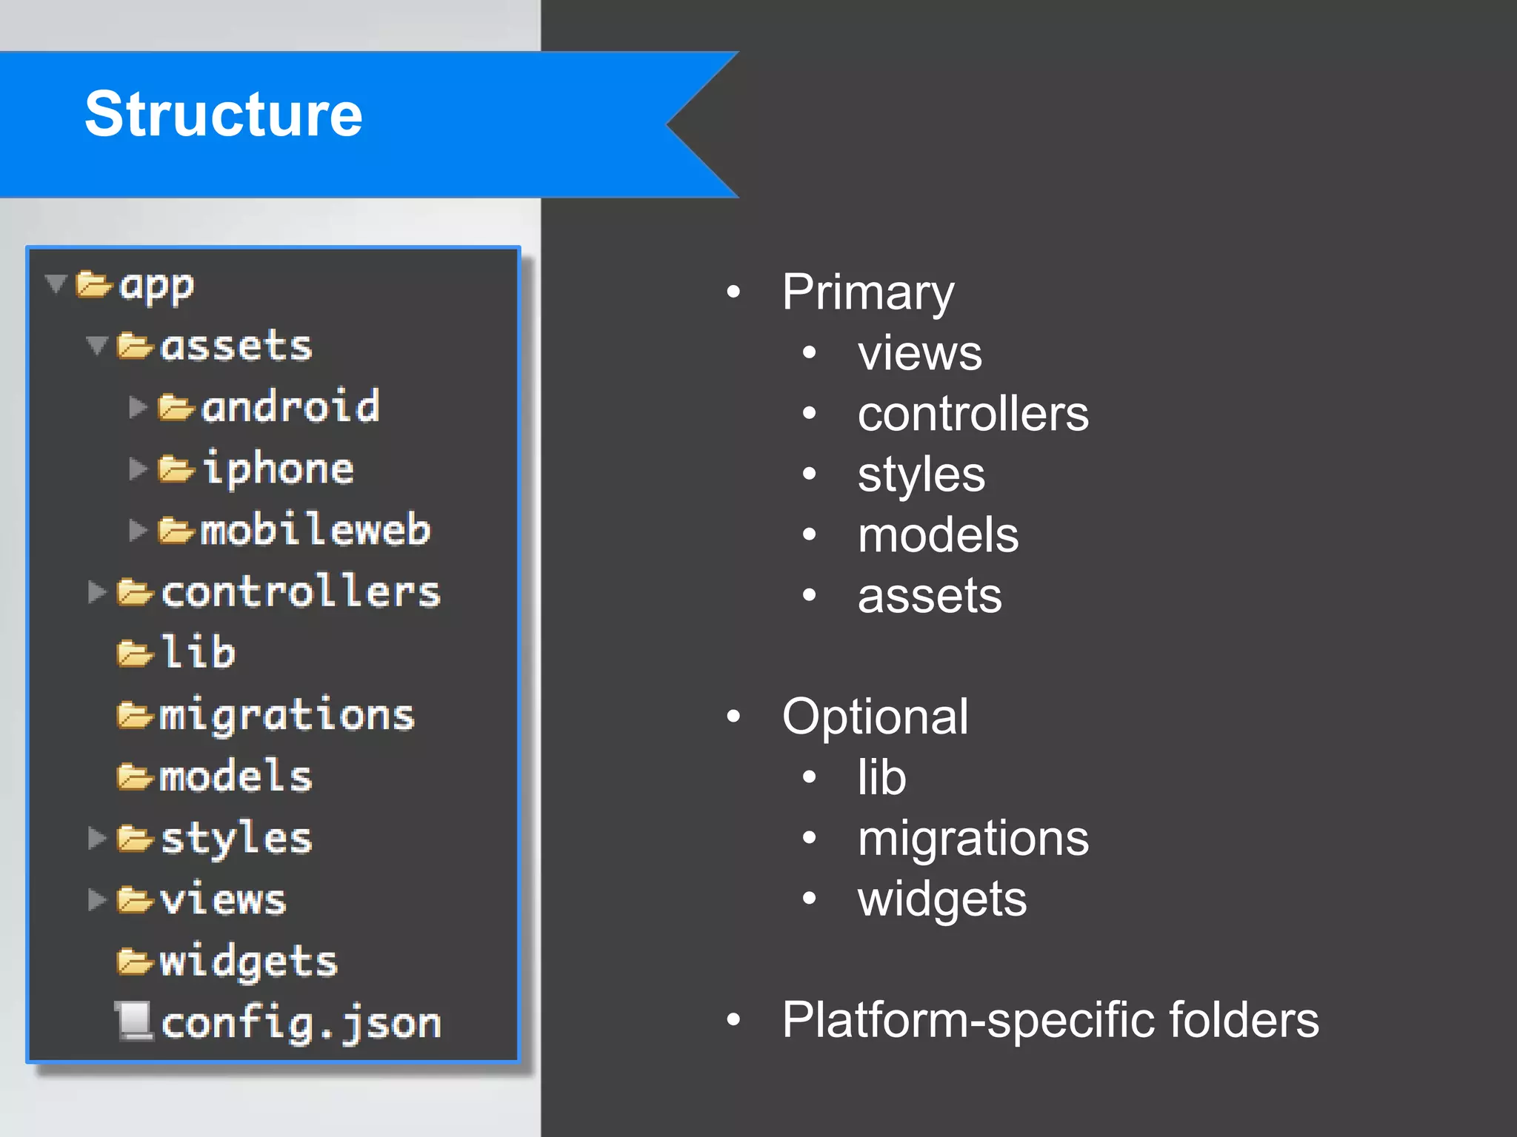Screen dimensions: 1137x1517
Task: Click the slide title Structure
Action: point(223,115)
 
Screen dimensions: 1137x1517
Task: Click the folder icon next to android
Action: point(176,408)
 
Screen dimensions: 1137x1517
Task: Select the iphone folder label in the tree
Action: point(278,469)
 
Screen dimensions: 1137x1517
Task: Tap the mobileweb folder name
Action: point(315,530)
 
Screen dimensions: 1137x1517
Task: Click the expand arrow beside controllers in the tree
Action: point(96,592)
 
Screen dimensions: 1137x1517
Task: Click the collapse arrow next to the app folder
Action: point(56,284)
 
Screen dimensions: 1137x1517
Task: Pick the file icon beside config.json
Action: point(133,1022)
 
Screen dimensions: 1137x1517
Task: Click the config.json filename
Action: point(301,1024)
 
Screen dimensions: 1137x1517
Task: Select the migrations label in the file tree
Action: point(287,716)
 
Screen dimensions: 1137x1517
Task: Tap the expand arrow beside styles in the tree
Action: point(96,838)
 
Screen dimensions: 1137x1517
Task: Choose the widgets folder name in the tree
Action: point(248,962)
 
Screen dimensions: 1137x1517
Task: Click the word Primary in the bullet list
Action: point(868,293)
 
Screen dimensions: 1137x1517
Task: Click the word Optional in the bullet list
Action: point(875,717)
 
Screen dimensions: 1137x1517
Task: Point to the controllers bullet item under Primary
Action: point(973,414)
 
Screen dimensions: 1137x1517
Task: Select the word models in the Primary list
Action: point(938,535)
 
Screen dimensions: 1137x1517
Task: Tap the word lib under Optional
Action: point(881,777)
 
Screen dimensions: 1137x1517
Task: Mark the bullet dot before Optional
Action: point(733,716)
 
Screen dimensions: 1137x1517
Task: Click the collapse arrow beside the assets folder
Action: point(97,345)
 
